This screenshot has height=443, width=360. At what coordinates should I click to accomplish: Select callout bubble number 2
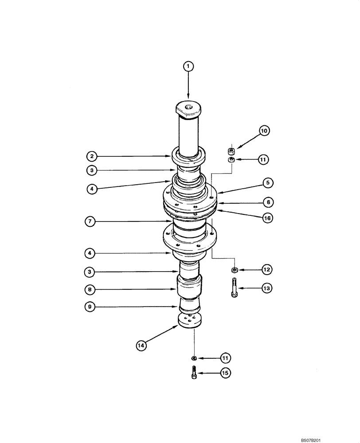[x=91, y=156]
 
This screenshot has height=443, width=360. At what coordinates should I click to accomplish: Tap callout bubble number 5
[x=268, y=182]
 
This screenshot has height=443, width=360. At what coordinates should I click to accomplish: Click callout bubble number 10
[x=264, y=131]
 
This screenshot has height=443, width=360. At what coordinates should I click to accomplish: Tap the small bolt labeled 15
[x=194, y=373]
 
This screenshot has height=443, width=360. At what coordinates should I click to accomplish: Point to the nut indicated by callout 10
[x=231, y=150]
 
